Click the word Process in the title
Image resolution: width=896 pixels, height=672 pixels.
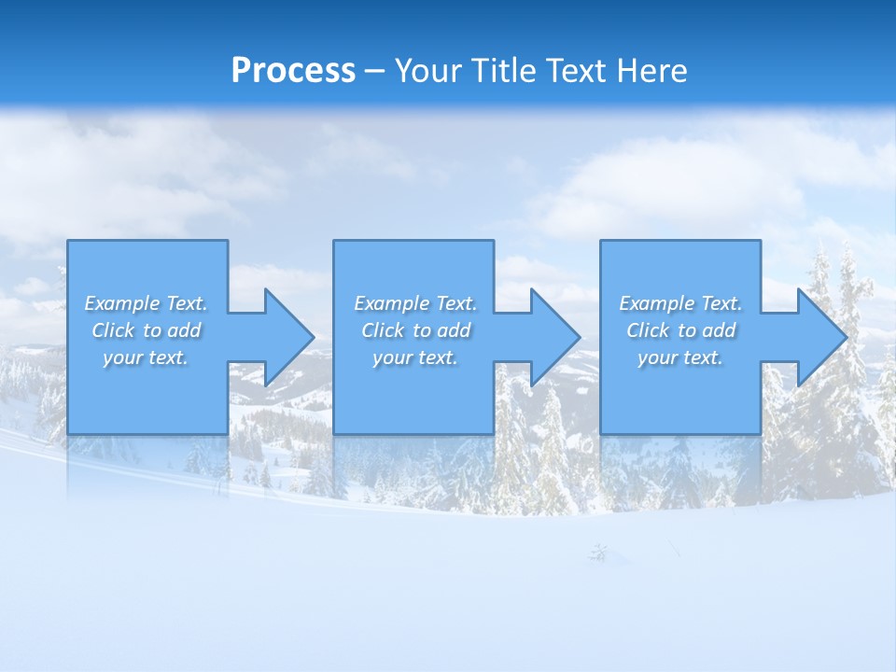[x=293, y=71]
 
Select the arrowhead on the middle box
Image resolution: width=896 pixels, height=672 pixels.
[x=553, y=337]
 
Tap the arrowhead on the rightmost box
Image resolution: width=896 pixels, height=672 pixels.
[x=820, y=337]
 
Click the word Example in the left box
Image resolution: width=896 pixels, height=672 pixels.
[x=122, y=303]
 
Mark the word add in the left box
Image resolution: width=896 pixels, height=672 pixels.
[x=184, y=330]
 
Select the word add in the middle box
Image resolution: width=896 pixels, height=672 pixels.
[x=454, y=330]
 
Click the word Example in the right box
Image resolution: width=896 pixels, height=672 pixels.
[x=657, y=303]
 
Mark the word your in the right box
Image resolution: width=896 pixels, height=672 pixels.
[x=655, y=357]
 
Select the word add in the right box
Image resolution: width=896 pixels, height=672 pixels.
[x=719, y=330]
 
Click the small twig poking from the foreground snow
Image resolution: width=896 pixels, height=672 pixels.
[x=597, y=553]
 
